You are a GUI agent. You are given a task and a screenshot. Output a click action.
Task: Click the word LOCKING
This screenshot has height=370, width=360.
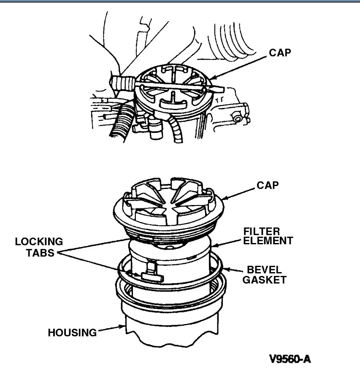(39, 242)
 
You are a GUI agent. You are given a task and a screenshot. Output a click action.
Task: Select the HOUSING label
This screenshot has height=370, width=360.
(71, 332)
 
